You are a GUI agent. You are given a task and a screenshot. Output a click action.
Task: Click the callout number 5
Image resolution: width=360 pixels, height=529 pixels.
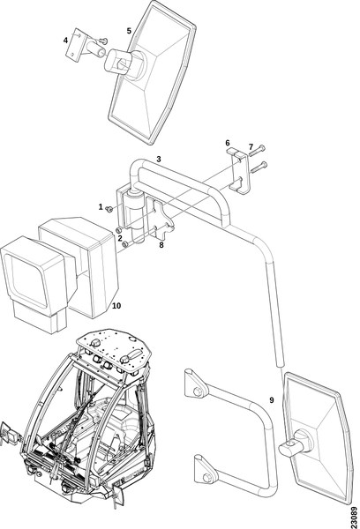point(129,31)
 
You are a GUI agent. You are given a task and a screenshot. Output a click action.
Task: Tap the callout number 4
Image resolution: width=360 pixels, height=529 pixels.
point(65,41)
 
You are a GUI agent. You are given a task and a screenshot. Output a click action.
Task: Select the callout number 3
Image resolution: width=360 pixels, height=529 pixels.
point(159,159)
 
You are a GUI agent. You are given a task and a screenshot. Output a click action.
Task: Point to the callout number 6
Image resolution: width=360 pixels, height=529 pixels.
point(228,143)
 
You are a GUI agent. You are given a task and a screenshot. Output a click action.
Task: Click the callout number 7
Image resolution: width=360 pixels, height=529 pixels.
point(251,147)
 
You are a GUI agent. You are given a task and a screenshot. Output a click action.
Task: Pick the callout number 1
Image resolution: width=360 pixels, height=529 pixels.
point(101,206)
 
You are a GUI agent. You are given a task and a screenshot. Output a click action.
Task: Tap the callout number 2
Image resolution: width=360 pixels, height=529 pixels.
point(120,238)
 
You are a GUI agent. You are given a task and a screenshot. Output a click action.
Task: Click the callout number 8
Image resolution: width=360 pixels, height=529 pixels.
point(161,245)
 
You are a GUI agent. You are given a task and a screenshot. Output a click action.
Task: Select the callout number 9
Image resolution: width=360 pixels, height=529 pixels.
point(272,400)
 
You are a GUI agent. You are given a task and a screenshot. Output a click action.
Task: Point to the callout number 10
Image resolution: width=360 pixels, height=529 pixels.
point(116,306)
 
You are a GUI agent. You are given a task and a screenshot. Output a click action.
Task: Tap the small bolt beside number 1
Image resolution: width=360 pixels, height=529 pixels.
point(109,210)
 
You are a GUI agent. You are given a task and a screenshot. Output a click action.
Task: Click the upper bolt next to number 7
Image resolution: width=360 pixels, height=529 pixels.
point(257,151)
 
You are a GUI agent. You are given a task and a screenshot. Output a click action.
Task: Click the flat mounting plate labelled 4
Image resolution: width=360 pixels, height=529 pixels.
point(73,45)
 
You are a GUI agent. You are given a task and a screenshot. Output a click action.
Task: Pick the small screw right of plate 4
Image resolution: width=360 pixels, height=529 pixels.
point(103,41)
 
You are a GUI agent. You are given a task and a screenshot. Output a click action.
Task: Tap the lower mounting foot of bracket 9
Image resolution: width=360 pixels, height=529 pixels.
point(205,470)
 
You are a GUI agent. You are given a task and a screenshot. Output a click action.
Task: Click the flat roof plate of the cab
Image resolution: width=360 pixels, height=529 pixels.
point(114,349)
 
